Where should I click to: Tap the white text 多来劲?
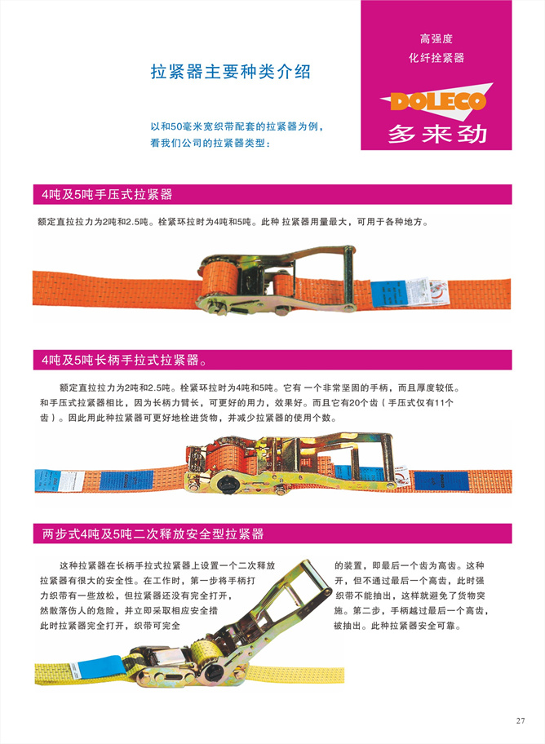point(437,134)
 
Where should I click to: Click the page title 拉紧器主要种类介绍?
point(231,72)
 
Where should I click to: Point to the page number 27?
point(521,720)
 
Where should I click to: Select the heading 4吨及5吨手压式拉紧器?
point(106,194)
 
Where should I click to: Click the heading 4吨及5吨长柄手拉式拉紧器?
point(124,360)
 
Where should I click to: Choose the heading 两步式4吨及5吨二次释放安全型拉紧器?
point(153,534)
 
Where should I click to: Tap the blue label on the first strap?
point(389,294)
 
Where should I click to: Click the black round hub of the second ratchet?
point(228,484)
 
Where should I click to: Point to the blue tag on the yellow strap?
point(99,667)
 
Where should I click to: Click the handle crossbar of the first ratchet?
point(349,277)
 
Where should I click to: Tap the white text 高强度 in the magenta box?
point(436,38)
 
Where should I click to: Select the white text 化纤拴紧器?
point(436,58)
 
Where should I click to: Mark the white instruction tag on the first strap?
point(419,291)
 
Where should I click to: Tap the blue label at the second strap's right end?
point(441,481)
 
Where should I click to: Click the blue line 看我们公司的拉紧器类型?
point(210,143)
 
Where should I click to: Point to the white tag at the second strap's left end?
point(72,480)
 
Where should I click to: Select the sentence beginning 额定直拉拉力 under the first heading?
point(233,222)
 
